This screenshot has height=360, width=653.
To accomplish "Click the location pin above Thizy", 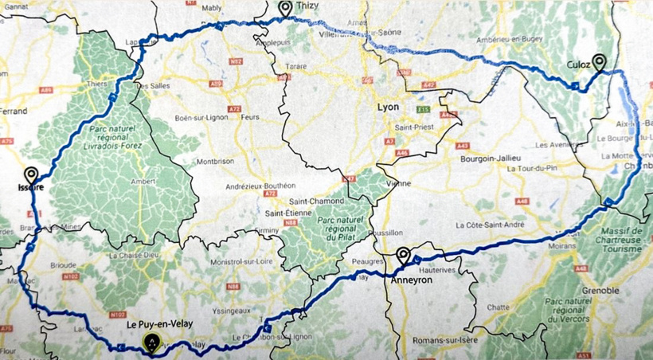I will pyautogui.click(x=285, y=8).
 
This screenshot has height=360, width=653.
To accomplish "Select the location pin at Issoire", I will pyautogui.click(x=32, y=175).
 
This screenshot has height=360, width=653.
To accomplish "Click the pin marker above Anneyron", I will pyautogui.click(x=404, y=256).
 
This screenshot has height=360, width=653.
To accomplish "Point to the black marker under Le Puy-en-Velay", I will pyautogui.click(x=151, y=343).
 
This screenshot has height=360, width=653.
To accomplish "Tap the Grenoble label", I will pyautogui.click(x=600, y=291).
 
